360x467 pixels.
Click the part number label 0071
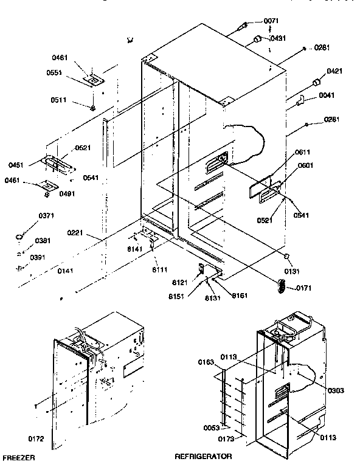coord(272,21)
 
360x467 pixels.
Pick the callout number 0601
coord(305,165)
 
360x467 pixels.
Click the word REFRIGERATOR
coord(203,455)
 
